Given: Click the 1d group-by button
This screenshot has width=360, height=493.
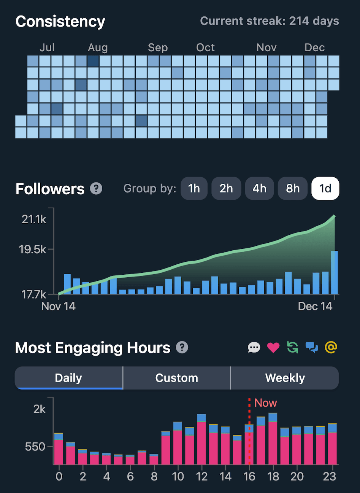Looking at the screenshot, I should point(325,188).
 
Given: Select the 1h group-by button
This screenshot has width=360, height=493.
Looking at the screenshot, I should point(194,188).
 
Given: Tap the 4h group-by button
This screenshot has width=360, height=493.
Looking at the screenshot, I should point(259,188).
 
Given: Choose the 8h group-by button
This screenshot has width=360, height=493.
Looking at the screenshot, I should point(293,188).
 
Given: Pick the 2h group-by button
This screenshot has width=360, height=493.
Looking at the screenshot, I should point(226,188).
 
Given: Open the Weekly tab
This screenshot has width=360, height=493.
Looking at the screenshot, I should point(285,378).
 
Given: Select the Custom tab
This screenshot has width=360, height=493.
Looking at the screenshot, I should point(177,378).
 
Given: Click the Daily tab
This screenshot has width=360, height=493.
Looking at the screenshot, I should point(68,378).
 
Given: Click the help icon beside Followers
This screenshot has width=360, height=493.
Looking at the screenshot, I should point(96,189).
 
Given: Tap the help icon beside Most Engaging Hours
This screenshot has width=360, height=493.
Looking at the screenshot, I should point(182,348).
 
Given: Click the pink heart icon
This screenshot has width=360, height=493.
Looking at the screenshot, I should point(273,347).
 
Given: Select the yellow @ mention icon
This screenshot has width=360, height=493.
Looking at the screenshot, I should point(331,347).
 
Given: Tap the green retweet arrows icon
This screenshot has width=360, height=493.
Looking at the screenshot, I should point(292,347).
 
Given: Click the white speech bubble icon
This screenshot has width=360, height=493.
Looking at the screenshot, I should point(254,347).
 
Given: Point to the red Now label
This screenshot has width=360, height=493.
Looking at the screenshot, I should point(265,403).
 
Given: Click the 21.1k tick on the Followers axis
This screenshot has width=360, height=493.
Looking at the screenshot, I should point(34,219).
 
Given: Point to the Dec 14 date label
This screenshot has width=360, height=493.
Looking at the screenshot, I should point(315,307).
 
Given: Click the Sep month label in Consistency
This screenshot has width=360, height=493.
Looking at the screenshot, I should point(158,48).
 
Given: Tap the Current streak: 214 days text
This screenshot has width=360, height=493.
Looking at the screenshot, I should point(270,21).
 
